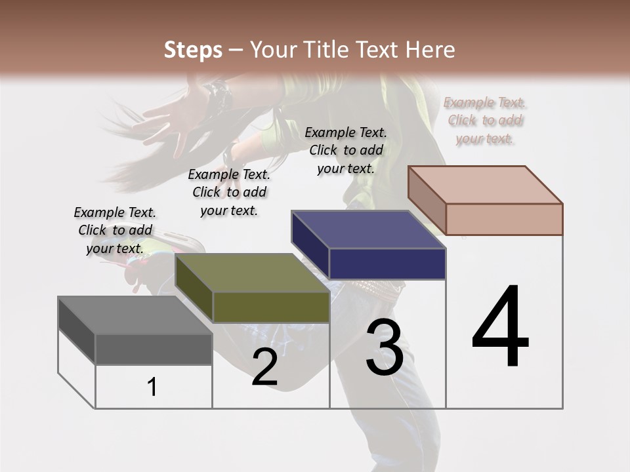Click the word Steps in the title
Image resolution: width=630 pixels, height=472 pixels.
coord(193,50)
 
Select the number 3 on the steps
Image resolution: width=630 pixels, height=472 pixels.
coord(384,348)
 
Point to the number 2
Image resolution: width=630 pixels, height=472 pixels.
coord(264,368)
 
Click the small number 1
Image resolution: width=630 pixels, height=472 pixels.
coord(152,387)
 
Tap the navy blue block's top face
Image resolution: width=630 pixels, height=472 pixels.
coord(367,230)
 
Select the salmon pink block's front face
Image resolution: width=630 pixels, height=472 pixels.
coord(504,219)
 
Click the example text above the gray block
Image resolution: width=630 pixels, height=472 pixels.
coord(115,230)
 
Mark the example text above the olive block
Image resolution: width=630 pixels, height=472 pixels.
coord(229,192)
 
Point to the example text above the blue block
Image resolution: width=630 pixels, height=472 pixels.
coord(346,150)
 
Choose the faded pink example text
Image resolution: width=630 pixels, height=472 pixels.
coord(485,121)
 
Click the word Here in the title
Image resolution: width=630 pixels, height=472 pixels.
coord(429,50)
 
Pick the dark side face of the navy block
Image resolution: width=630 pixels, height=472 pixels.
coord(310,245)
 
